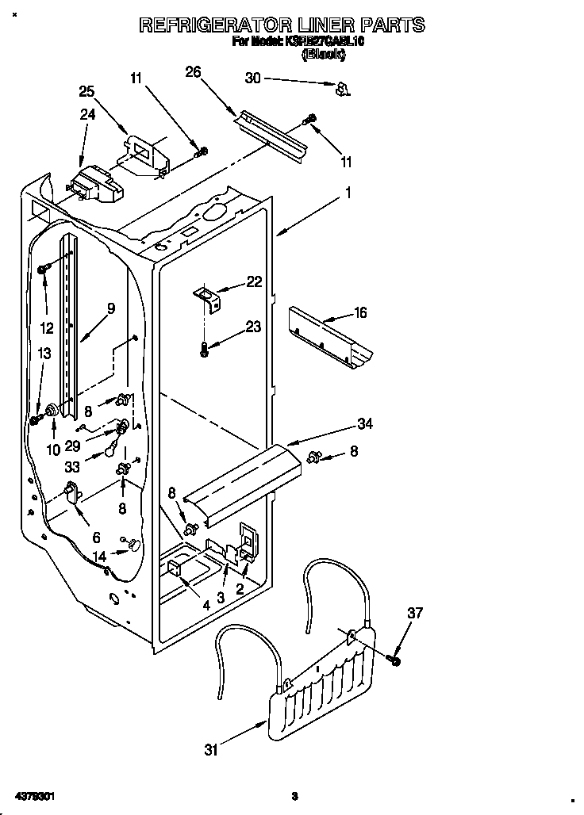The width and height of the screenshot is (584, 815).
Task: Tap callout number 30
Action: pyautogui.click(x=252, y=78)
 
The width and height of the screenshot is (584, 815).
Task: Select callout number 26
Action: pyautogui.click(x=193, y=73)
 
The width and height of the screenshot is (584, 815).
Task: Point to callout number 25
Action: pyautogui.click(x=86, y=90)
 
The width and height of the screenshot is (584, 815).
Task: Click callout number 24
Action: pyautogui.click(x=87, y=114)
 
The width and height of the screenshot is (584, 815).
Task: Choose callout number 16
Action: pyautogui.click(x=359, y=313)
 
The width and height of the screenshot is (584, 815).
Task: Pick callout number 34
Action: pyautogui.click(x=365, y=423)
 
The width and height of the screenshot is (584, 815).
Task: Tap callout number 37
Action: pyautogui.click(x=416, y=613)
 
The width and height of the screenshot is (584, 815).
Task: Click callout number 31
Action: pyautogui.click(x=211, y=749)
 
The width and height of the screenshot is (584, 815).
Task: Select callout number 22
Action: pyautogui.click(x=253, y=281)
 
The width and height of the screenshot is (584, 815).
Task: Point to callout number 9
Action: pyautogui.click(x=110, y=308)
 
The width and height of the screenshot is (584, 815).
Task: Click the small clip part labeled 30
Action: pyautogui.click(x=342, y=89)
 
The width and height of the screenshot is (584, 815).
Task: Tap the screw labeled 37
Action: pyautogui.click(x=394, y=659)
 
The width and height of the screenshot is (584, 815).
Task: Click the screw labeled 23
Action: pyautogui.click(x=205, y=348)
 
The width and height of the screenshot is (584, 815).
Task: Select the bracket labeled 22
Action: pyautogui.click(x=207, y=298)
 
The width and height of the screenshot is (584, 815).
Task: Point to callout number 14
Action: pyautogui.click(x=99, y=557)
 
